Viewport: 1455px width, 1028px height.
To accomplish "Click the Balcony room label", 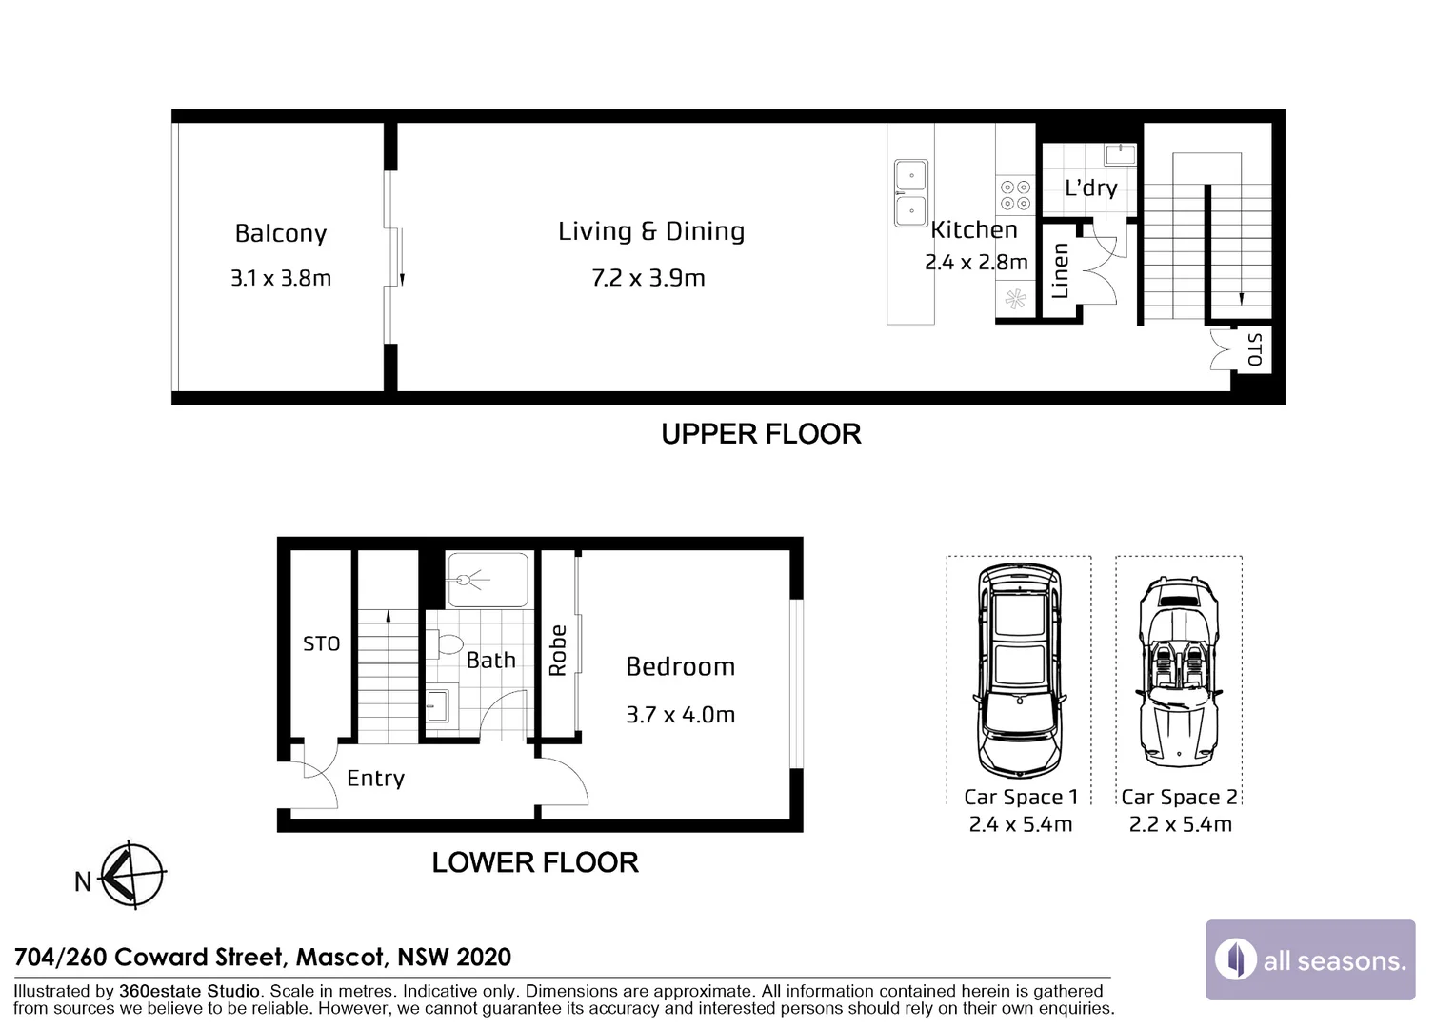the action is coord(281,234).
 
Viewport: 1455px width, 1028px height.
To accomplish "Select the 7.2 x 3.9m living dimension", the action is coord(648,279).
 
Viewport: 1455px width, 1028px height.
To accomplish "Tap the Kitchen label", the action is coord(974,230).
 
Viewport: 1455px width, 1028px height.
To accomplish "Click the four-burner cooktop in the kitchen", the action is coord(1015,195).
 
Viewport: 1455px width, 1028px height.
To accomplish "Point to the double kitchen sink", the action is coord(910,193).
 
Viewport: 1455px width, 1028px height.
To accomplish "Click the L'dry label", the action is coord(1091,188).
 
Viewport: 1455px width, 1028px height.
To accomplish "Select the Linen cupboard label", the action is coord(1060,270).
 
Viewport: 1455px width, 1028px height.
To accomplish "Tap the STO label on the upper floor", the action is coord(1255,349).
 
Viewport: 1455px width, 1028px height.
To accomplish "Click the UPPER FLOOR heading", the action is coord(761,434).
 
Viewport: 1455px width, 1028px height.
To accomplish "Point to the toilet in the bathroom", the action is coord(449,644).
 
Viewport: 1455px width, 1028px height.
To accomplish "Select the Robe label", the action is coord(558,651).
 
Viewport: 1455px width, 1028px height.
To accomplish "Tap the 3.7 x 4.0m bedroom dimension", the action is coord(680,715).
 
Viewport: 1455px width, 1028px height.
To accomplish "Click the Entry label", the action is coord(375,779).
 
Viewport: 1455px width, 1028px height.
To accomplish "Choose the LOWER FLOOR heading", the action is coord(535,863).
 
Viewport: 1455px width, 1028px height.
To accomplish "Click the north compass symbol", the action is coord(131,874).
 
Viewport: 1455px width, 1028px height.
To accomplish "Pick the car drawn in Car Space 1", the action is coord(1019,670).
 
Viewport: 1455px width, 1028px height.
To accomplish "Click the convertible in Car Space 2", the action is coord(1179,671).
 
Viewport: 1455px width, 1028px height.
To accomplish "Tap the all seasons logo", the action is coord(1310,959).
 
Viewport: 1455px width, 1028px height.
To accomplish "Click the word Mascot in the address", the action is coord(342,958).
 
